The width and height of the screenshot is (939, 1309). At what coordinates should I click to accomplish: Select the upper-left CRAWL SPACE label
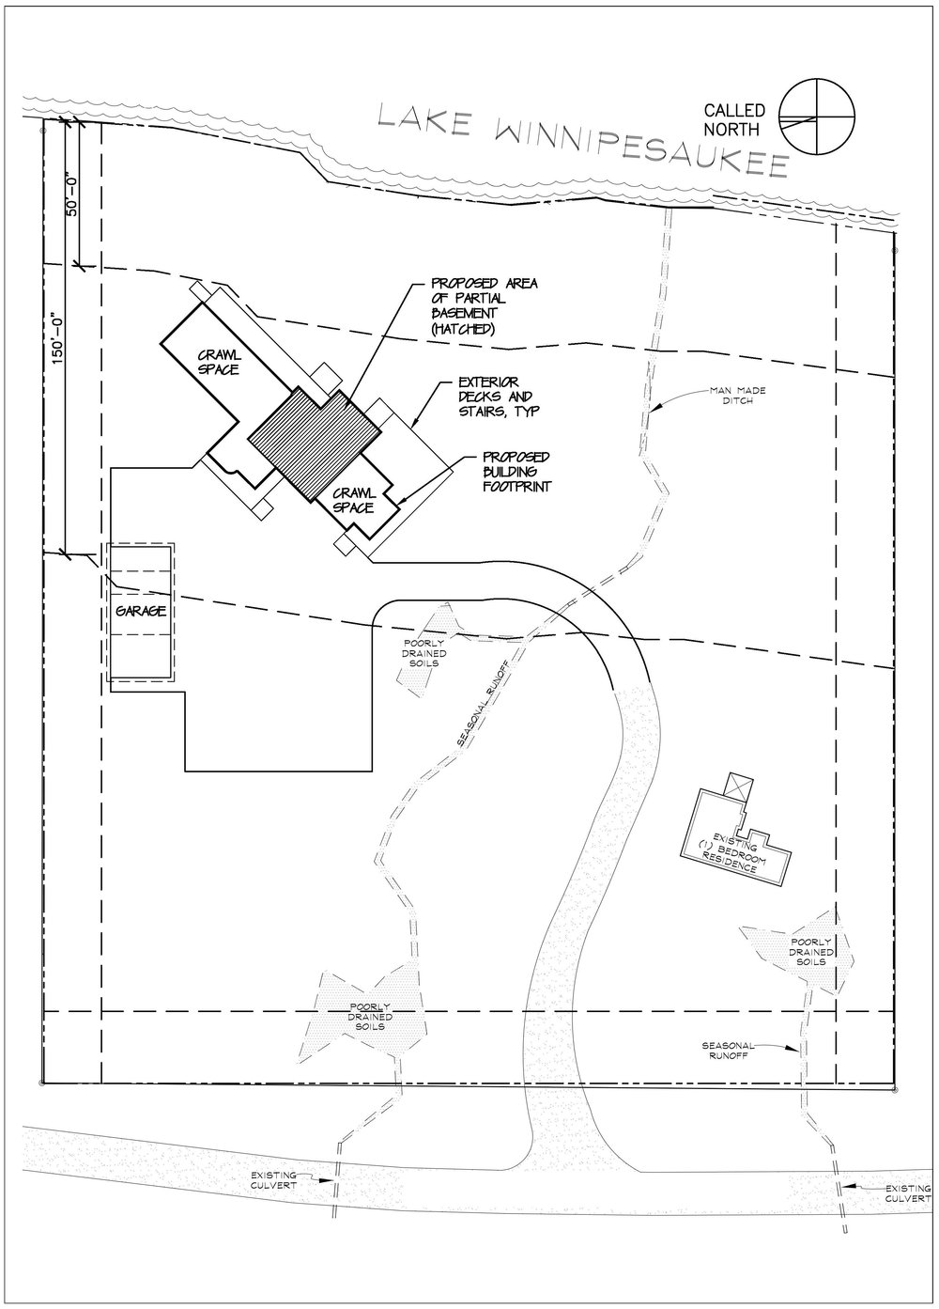point(218,363)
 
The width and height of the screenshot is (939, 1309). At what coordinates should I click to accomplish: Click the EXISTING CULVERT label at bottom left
point(275,1181)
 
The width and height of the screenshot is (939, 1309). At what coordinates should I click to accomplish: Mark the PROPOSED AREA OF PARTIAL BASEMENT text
point(483,306)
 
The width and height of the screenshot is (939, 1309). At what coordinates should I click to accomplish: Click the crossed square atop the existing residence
point(738,787)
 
